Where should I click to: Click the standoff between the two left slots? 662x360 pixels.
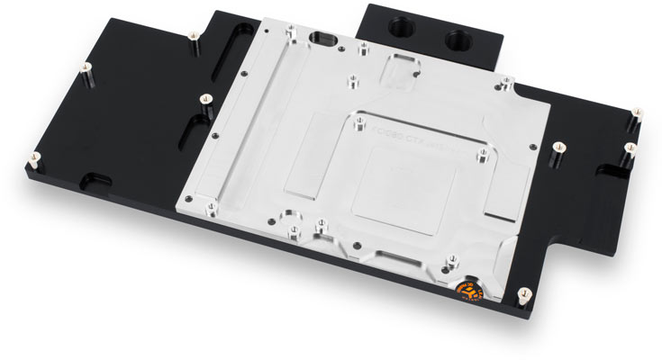[204, 98]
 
